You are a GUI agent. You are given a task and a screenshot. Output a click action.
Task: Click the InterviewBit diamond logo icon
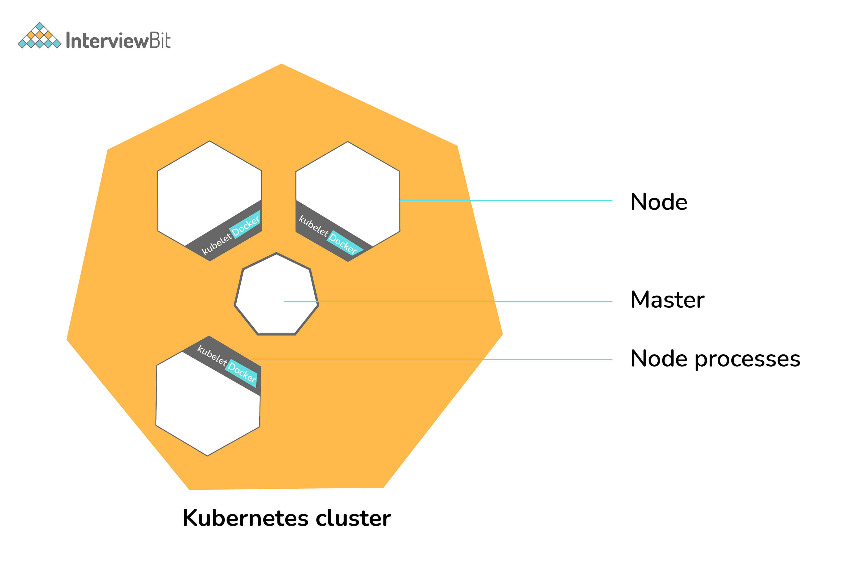tap(39, 36)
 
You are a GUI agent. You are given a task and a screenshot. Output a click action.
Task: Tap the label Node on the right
tap(658, 202)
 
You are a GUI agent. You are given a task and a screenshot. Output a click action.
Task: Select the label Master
tap(667, 300)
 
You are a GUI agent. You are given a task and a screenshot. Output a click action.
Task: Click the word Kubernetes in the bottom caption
tap(246, 518)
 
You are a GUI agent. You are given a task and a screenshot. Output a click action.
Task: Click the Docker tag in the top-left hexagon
tap(246, 226)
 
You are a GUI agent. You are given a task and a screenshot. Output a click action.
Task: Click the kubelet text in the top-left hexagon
tap(216, 244)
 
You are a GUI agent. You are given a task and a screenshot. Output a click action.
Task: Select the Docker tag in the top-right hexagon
tap(343, 243)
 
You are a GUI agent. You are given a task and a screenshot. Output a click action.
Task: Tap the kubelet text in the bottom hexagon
tap(212, 355)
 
